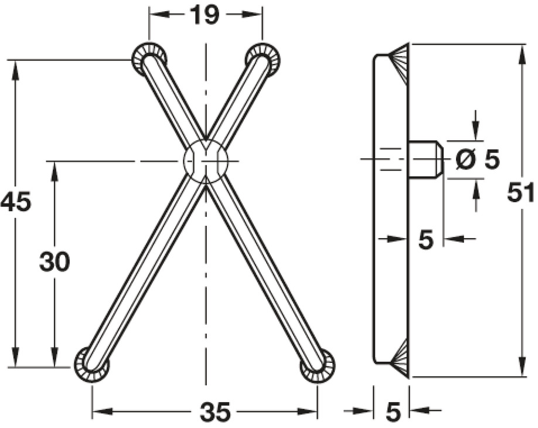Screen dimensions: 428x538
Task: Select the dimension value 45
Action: (15, 203)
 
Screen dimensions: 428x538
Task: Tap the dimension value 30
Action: (55, 261)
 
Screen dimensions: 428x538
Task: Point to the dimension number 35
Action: (215, 413)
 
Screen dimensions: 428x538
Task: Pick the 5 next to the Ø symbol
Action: (491, 159)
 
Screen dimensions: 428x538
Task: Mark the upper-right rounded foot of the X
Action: (263, 59)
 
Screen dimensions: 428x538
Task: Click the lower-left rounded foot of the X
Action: (92, 365)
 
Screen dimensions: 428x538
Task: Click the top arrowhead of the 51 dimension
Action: (521, 52)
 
